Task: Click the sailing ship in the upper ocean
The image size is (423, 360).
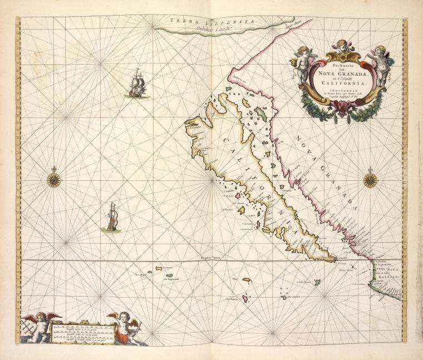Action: click(x=137, y=84)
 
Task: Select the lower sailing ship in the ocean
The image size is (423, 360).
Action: click(x=112, y=218)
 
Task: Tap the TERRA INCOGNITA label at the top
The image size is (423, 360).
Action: click(x=213, y=22)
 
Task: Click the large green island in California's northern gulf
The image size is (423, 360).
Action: click(x=259, y=112)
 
